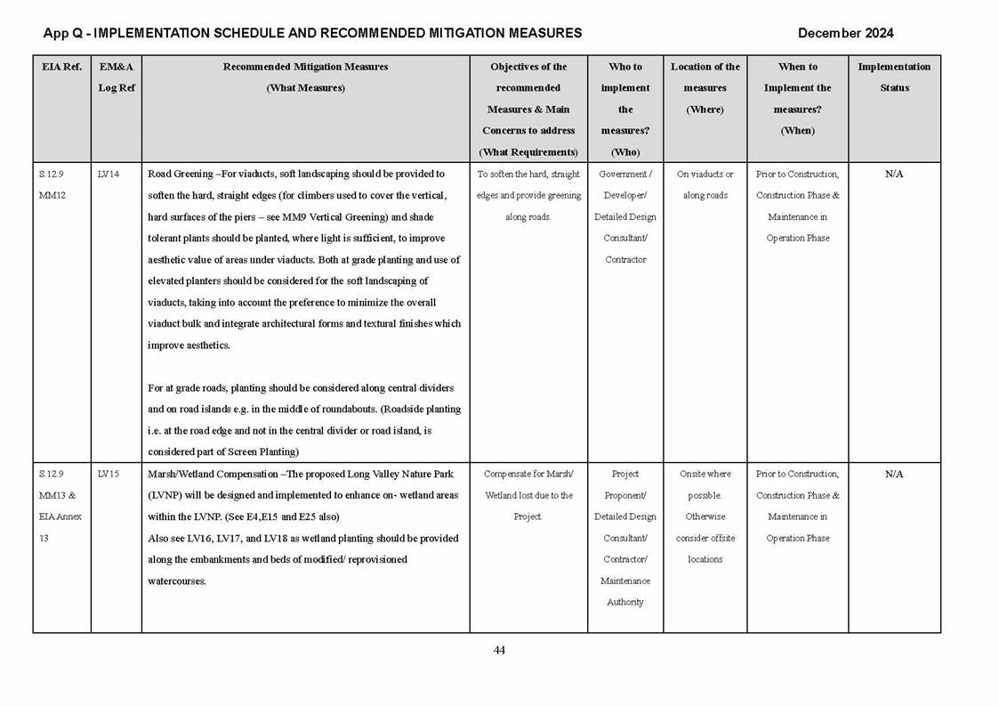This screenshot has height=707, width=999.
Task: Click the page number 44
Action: click(499, 651)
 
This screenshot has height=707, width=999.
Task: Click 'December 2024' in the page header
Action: click(845, 34)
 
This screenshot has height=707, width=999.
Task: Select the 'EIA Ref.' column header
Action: click(61, 67)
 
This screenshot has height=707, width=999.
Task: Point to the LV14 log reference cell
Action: click(109, 175)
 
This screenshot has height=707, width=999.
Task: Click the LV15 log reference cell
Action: click(109, 475)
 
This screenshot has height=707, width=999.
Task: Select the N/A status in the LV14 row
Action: click(894, 175)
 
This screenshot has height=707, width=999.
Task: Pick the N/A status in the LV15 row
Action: click(894, 475)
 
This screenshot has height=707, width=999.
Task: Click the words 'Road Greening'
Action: click(179, 175)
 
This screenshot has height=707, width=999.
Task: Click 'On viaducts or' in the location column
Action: click(705, 175)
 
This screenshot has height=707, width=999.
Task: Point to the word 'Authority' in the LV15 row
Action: click(625, 603)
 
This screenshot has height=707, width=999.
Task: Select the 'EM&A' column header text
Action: click(116, 67)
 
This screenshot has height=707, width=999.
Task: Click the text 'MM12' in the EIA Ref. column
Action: click(52, 196)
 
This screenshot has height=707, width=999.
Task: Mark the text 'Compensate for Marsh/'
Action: click(528, 475)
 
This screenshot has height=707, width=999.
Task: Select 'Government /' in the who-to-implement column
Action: click(625, 175)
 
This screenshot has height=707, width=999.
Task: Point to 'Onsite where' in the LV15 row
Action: click(705, 475)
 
